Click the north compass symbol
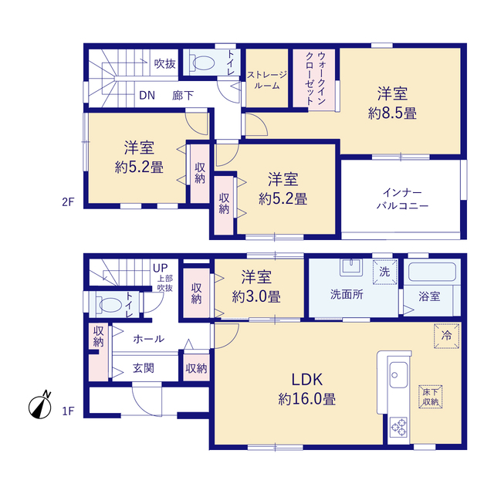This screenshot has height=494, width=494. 40,407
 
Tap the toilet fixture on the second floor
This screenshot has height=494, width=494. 202,63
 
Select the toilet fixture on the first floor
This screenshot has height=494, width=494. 108,305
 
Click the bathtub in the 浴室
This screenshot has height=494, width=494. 432,272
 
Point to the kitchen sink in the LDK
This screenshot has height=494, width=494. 398,375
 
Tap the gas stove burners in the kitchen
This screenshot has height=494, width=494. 399,427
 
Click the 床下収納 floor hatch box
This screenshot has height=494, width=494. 431,397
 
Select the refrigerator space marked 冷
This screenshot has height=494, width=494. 446,336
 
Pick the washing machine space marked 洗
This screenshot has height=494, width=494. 384,272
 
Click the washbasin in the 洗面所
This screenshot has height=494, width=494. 351,267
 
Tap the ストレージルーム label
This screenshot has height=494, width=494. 267,80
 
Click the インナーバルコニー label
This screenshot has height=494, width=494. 403,199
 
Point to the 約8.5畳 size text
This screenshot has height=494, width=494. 392,113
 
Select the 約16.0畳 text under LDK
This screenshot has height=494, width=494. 307,399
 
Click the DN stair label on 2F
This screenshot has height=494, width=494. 147,95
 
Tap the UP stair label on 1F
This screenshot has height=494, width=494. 160,268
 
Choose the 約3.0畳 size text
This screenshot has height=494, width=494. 256,296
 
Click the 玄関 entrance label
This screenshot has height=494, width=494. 144,368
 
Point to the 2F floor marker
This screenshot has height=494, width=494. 68,202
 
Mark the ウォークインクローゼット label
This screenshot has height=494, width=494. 316,79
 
